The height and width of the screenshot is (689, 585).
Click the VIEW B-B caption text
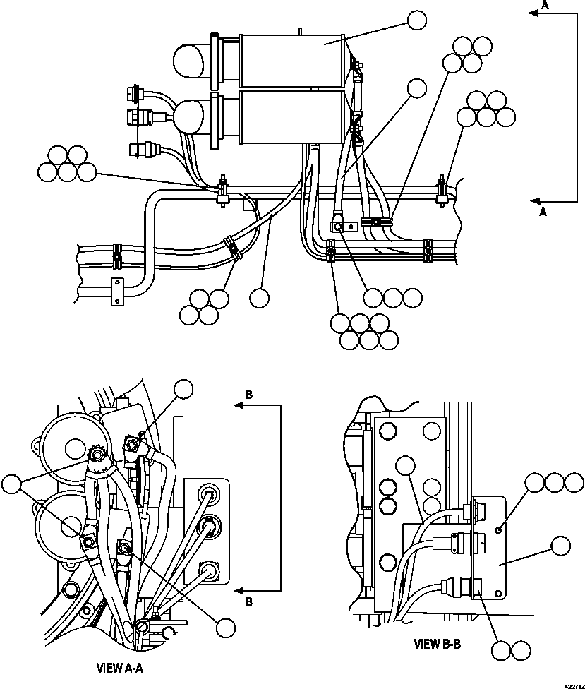(x=438, y=644)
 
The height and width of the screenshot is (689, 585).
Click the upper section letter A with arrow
(x=544, y=6)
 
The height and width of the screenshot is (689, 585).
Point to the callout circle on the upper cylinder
(x=417, y=20)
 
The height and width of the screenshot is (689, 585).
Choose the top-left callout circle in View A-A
(x=183, y=390)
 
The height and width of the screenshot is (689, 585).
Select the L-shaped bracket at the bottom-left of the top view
(x=116, y=291)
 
